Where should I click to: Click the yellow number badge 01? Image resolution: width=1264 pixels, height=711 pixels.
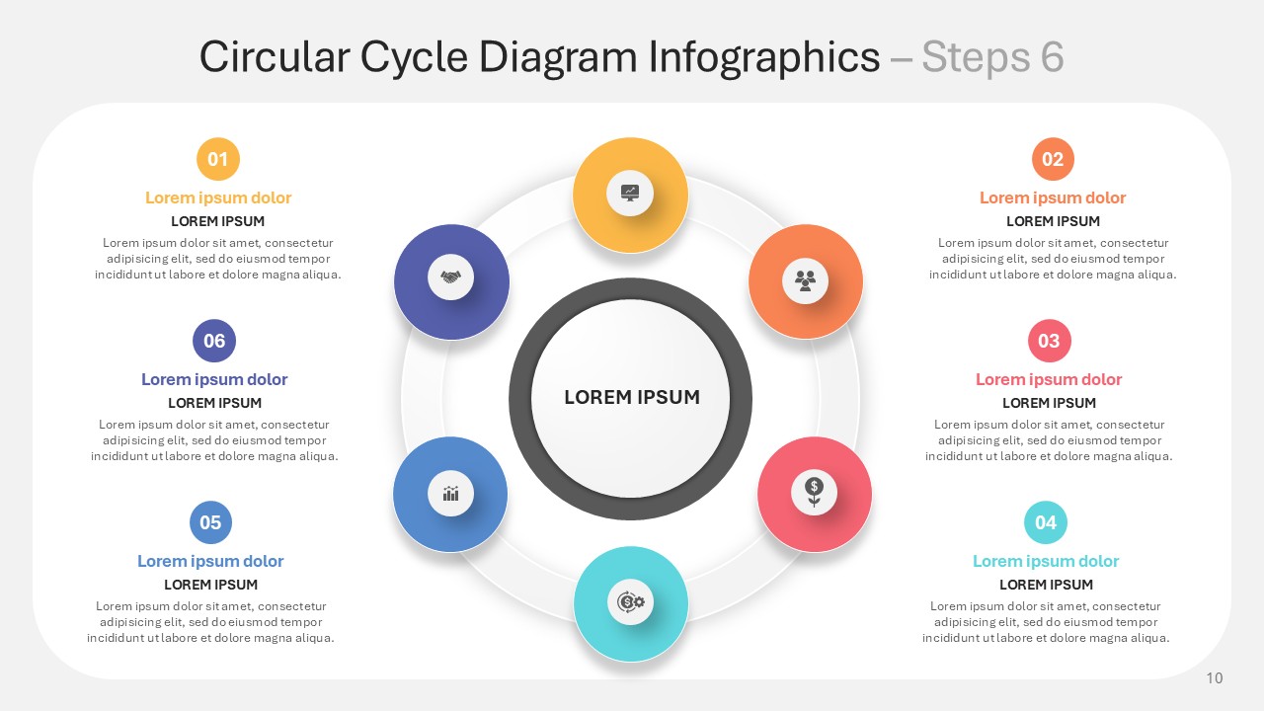(x=218, y=159)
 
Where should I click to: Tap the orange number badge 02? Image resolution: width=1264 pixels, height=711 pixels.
(x=1053, y=159)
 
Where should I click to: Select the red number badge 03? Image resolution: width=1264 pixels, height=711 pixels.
(x=1049, y=341)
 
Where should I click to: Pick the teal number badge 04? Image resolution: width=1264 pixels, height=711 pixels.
(x=1046, y=522)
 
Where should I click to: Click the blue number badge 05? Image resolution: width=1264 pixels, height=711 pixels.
(x=210, y=522)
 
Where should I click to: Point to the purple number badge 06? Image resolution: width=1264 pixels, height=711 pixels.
(x=214, y=341)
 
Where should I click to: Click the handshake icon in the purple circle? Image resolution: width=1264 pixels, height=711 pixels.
(x=451, y=277)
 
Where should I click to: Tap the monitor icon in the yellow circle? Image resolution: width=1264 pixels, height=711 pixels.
(x=630, y=193)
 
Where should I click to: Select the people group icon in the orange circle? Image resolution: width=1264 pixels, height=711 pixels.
(x=805, y=280)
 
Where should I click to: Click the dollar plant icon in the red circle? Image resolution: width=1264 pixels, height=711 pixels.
(x=814, y=492)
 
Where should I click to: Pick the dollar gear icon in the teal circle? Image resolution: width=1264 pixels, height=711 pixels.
(x=630, y=602)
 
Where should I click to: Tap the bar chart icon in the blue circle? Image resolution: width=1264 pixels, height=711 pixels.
(x=451, y=493)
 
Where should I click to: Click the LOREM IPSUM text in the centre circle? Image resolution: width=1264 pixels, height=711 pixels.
(x=632, y=397)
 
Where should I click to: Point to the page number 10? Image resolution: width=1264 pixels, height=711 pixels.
(x=1215, y=677)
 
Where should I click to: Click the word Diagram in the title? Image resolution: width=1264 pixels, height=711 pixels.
(x=558, y=58)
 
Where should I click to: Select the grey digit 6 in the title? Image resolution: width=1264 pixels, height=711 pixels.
(x=1053, y=57)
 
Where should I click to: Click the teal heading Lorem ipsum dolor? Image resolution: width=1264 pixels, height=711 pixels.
(x=1046, y=561)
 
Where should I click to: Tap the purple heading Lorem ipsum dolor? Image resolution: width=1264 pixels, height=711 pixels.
(x=214, y=379)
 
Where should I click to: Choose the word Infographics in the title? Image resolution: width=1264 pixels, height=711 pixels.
(x=764, y=58)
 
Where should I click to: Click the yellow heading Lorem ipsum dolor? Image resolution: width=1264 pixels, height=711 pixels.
(x=218, y=197)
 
